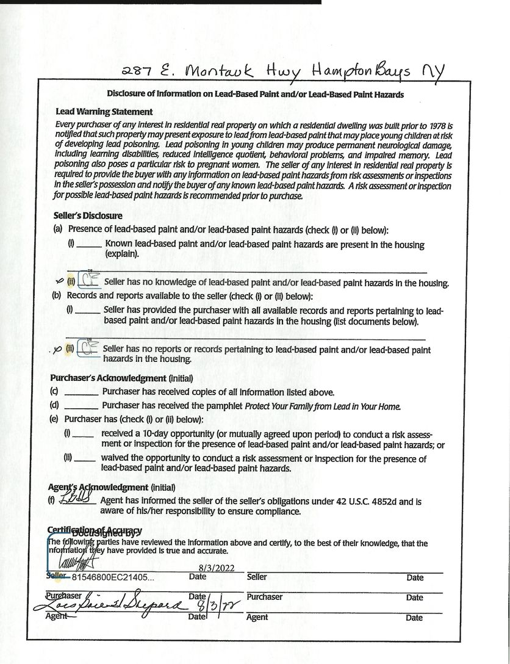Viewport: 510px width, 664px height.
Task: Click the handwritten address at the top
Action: [284, 73]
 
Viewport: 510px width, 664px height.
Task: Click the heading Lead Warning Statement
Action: [104, 112]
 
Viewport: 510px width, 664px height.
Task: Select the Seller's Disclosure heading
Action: [88, 215]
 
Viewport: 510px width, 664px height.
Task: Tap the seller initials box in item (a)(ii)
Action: [89, 281]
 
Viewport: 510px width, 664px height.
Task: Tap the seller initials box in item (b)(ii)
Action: [89, 349]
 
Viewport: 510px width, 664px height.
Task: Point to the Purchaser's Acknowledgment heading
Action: [108, 378]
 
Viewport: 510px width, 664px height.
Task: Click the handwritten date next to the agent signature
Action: [217, 607]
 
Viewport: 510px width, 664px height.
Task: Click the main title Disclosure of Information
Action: [255, 95]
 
